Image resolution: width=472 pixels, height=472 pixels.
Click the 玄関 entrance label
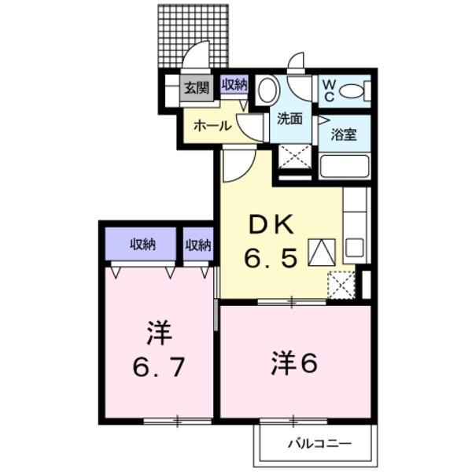(x=197, y=88)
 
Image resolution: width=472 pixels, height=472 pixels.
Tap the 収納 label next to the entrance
(x=234, y=85)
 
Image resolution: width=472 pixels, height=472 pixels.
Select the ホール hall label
(x=212, y=126)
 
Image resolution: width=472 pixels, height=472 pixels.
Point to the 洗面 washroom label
(x=289, y=119)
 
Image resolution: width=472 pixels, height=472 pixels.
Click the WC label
(x=329, y=90)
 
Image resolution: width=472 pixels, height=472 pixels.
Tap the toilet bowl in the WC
(x=352, y=90)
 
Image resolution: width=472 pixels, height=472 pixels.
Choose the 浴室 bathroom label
(x=344, y=135)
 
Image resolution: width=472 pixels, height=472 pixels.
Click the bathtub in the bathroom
(x=345, y=166)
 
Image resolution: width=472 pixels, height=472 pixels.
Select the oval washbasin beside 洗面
(x=267, y=90)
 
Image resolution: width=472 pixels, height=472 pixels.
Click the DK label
(x=271, y=224)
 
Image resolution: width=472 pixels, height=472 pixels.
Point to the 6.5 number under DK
(x=271, y=258)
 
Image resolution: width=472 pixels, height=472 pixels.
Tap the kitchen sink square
(x=354, y=247)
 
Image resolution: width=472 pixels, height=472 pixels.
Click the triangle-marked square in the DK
(x=322, y=253)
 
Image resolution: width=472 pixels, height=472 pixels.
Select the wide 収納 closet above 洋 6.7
(x=141, y=244)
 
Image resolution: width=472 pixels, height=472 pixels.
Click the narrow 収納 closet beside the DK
(x=198, y=244)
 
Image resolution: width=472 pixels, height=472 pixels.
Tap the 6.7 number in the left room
(x=159, y=367)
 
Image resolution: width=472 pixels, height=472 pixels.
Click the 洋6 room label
(x=294, y=364)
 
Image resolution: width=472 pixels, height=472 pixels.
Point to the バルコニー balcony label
(x=320, y=443)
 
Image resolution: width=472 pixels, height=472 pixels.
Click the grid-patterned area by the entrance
(x=193, y=36)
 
